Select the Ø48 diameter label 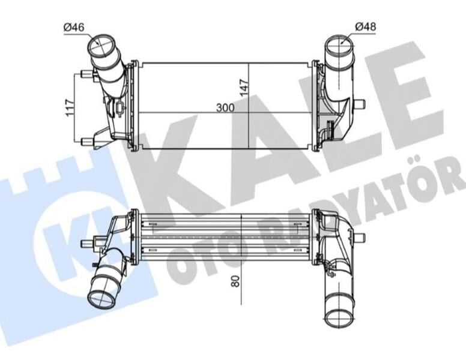(365, 26)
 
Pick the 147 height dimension (244, 88)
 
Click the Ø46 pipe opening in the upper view (100, 46)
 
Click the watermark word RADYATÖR (360, 204)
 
